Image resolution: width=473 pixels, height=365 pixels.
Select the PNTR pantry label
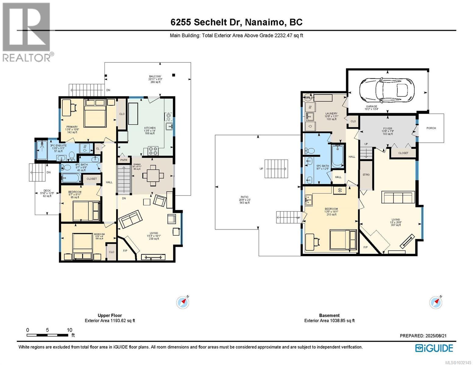pos(124,160)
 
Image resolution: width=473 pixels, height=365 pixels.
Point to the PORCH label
pos(431,128)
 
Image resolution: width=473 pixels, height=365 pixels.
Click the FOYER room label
pos(387,129)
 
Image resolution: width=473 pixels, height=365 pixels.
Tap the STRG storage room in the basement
pos(366,175)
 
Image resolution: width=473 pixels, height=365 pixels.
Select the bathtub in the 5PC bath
pos(337,156)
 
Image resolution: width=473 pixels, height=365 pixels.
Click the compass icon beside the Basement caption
pos(436,302)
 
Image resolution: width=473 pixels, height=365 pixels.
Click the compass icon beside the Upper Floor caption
pos(183,302)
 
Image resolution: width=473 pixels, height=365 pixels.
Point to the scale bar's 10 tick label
pos(69,330)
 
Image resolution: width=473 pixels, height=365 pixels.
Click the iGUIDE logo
pos(434,348)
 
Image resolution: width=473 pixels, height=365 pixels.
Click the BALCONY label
pos(155,76)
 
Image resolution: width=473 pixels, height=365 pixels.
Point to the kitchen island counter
pos(133,113)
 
